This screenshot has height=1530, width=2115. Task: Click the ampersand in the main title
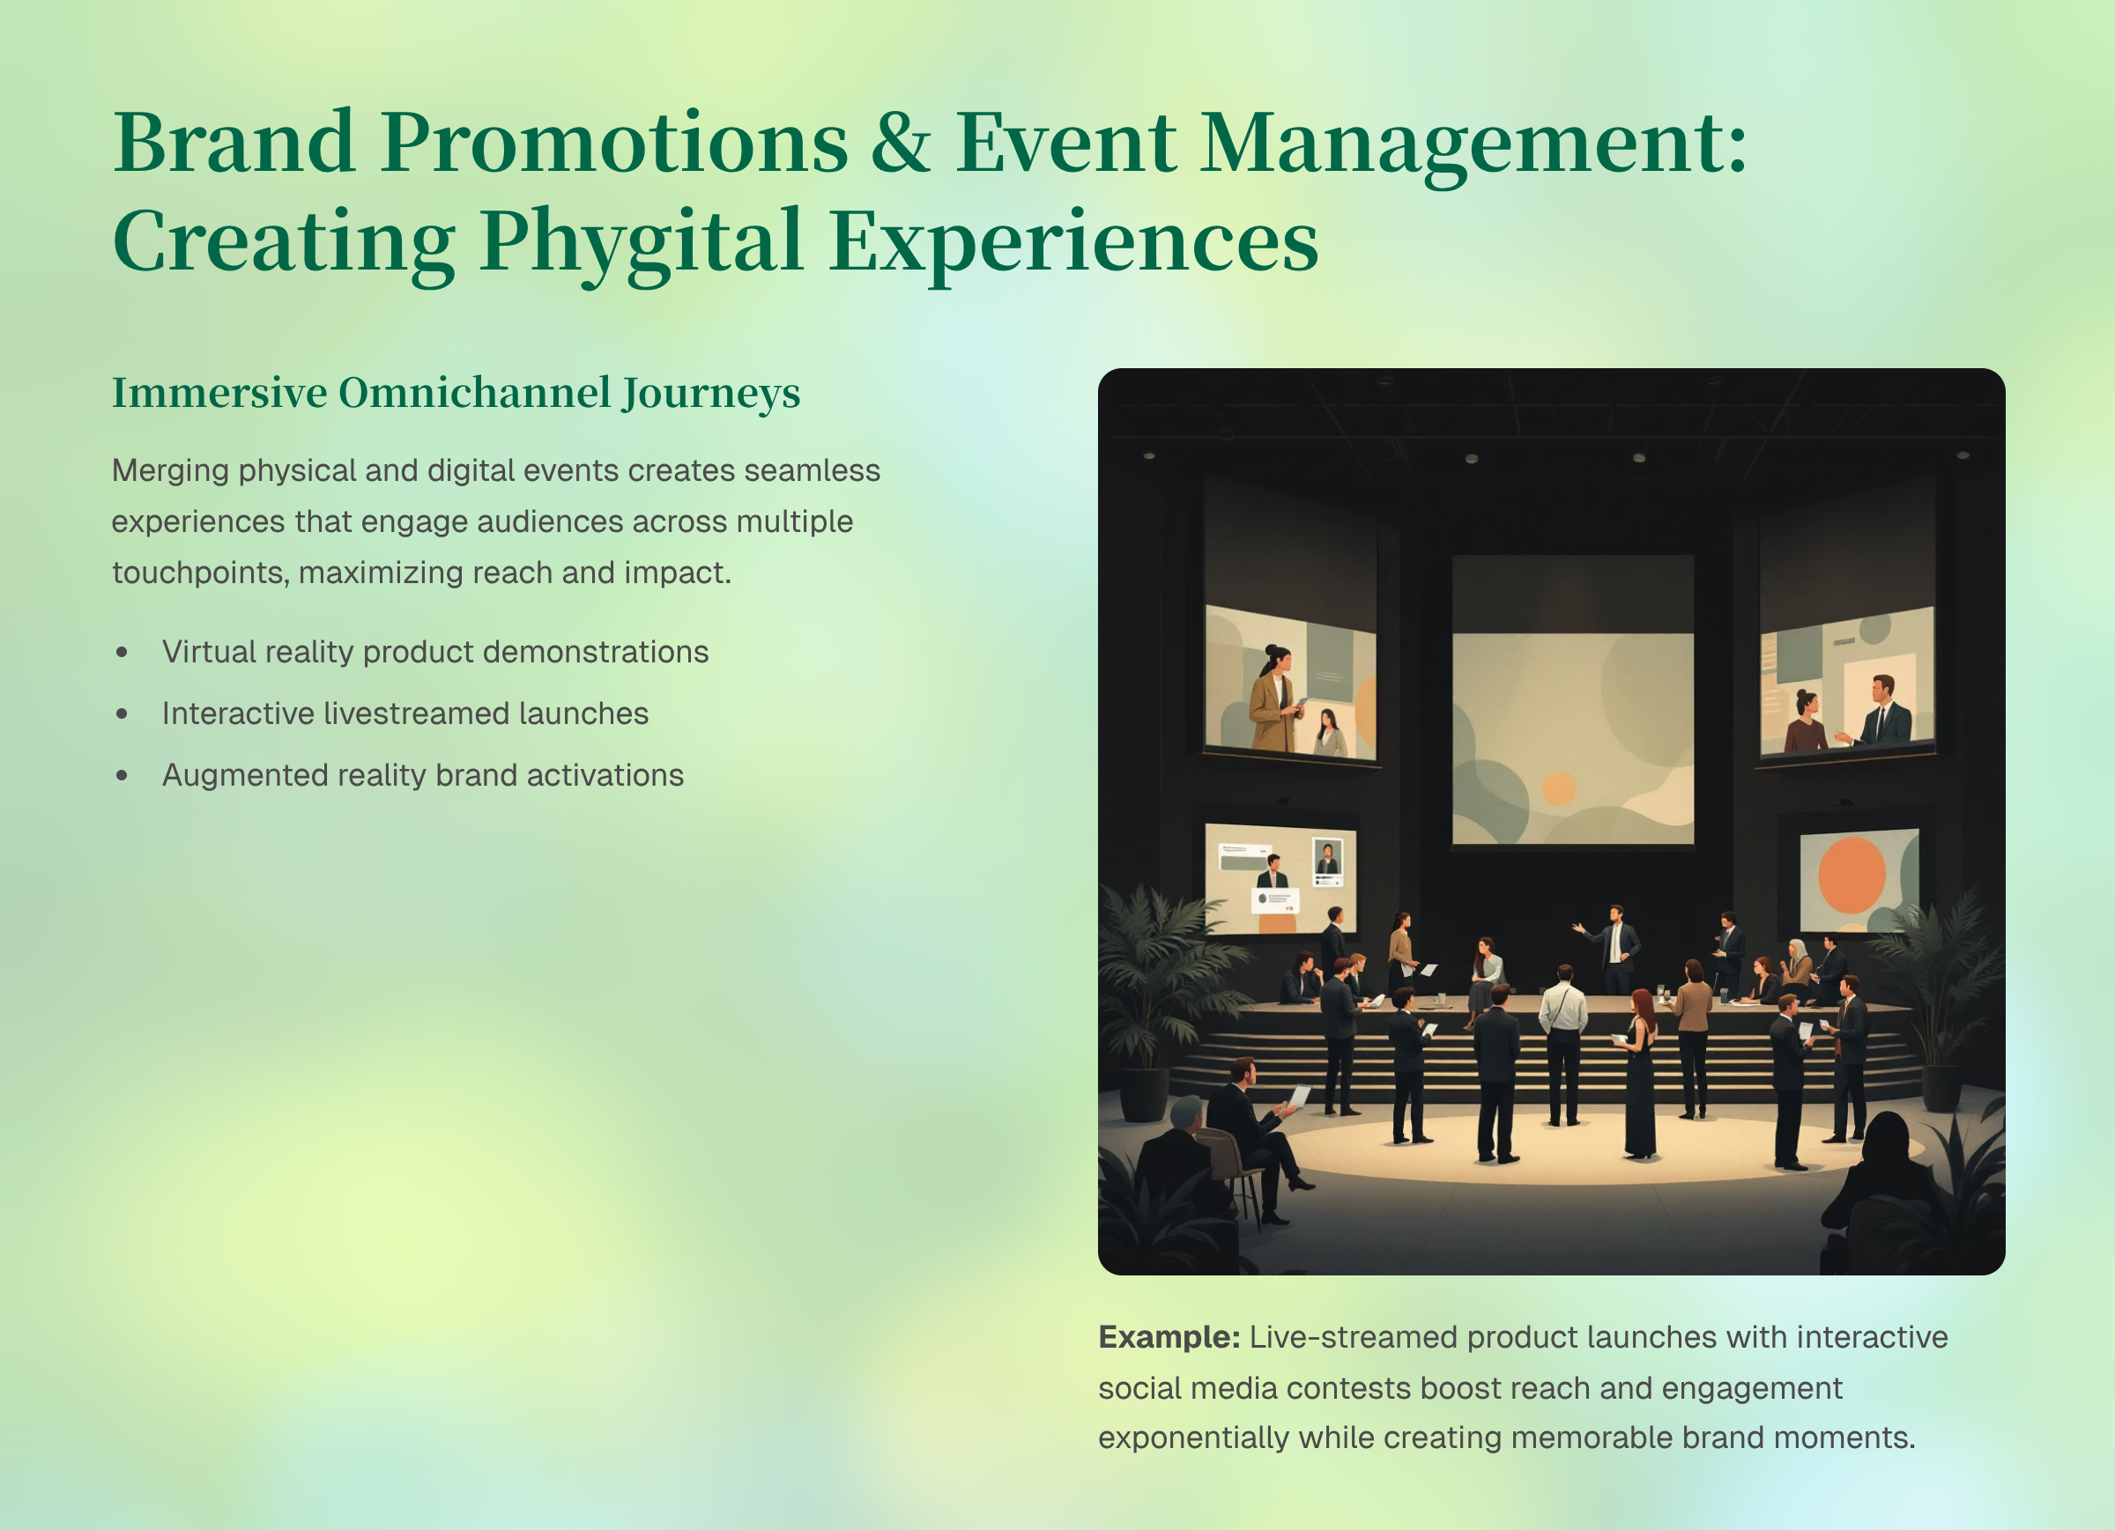[x=901, y=143]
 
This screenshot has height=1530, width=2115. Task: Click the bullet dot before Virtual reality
[x=122, y=652]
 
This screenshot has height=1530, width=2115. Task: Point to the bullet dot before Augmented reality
[x=122, y=775]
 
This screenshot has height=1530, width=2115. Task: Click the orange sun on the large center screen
[x=1558, y=787]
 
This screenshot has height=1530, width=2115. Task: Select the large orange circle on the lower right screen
[x=1852, y=875]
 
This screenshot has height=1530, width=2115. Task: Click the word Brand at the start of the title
[x=234, y=143]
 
